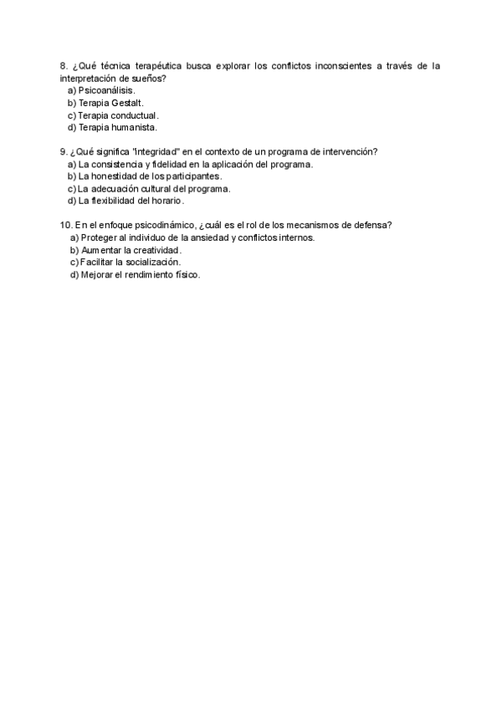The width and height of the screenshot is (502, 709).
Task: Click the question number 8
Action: click(x=64, y=66)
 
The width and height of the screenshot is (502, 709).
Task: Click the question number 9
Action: click(x=64, y=152)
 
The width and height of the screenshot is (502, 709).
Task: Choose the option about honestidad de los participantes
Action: click(x=144, y=176)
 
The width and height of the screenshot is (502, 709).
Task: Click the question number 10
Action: click(x=66, y=225)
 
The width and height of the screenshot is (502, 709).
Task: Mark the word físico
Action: click(x=189, y=274)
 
